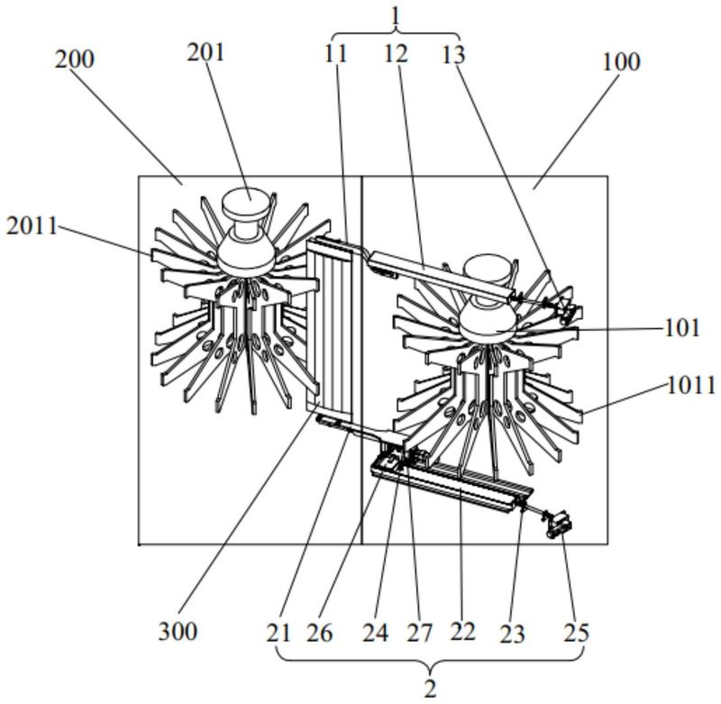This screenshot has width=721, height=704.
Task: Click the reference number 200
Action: pyautogui.click(x=75, y=59)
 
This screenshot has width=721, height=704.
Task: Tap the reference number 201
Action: pyautogui.click(x=205, y=52)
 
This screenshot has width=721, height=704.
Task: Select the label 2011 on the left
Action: pyautogui.click(x=32, y=225)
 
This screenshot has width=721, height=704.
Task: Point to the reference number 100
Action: pyautogui.click(x=621, y=61)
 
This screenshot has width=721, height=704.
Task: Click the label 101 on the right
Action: pyautogui.click(x=682, y=328)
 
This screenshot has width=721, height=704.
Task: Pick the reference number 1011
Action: pyautogui.click(x=691, y=385)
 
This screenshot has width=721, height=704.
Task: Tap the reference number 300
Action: pyautogui.click(x=178, y=631)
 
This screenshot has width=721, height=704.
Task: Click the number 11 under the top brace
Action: pyautogui.click(x=335, y=54)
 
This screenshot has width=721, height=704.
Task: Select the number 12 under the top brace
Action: pyautogui.click(x=396, y=54)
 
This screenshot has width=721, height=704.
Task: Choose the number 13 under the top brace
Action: pyautogui.click(x=453, y=55)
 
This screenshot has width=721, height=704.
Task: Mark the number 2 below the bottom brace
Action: pyautogui.click(x=430, y=690)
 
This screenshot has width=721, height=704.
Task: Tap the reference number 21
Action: pyautogui.click(x=278, y=633)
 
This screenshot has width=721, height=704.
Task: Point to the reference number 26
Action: pyautogui.click(x=320, y=633)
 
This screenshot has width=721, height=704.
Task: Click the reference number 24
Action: pyautogui.click(x=375, y=633)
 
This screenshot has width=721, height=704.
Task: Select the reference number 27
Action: pyautogui.click(x=419, y=633)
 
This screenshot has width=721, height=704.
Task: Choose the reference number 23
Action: pyautogui.click(x=512, y=634)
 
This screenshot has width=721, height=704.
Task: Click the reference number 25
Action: pyautogui.click(x=576, y=633)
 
